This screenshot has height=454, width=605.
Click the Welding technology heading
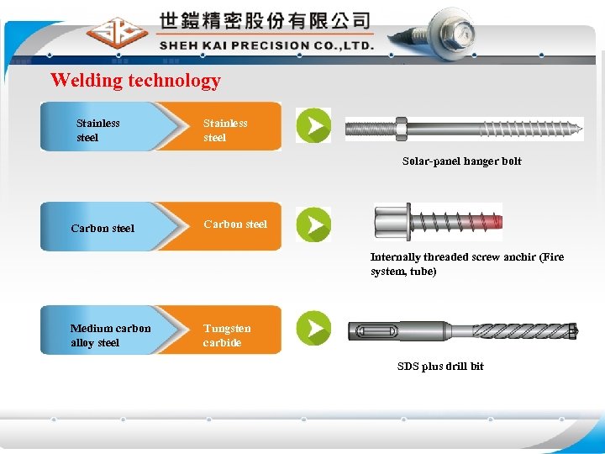[135, 81]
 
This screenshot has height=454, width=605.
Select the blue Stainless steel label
[98, 130]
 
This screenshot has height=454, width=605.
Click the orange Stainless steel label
[225, 130]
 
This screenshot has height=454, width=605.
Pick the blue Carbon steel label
[103, 228]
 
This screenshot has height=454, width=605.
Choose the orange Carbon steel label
[235, 224]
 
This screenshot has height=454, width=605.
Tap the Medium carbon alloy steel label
[110, 335]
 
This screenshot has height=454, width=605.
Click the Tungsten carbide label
[226, 335]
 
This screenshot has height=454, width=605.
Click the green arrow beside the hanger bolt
[313, 126]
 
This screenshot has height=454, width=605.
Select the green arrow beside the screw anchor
[313, 224]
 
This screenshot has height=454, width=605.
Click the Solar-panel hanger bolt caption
[461, 161]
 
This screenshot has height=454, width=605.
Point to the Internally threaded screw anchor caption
[467, 264]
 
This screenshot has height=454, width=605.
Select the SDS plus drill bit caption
[440, 366]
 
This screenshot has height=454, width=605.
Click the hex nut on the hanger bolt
[401, 129]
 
